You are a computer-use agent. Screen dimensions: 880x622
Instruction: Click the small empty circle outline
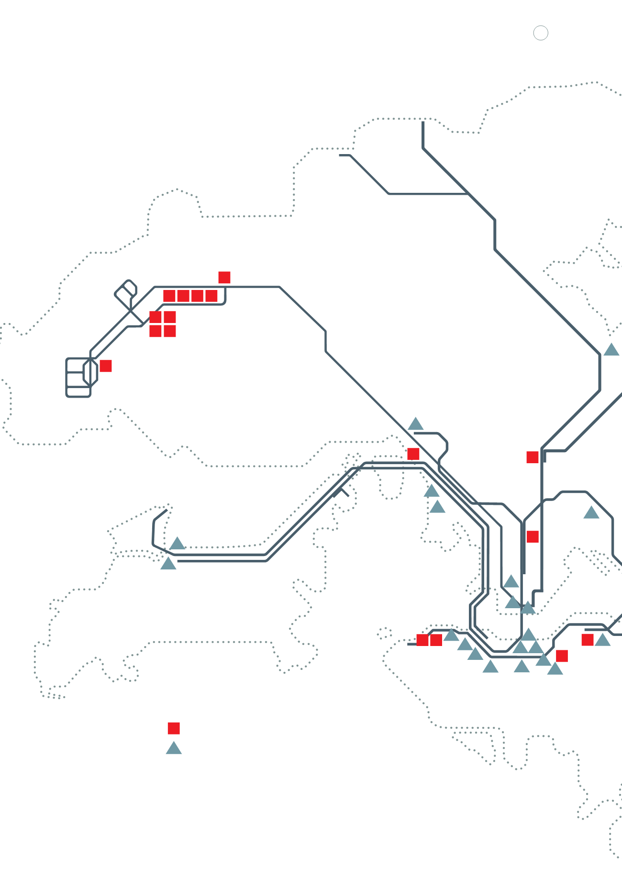click(x=541, y=33)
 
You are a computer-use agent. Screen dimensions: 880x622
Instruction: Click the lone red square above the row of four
click(x=224, y=278)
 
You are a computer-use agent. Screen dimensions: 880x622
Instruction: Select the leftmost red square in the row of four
click(x=169, y=296)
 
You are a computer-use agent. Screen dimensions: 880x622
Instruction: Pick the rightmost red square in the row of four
click(x=211, y=296)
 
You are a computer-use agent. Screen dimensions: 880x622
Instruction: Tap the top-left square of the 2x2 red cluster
click(x=155, y=317)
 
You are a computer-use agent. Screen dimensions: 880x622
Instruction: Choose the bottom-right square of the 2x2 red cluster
click(x=170, y=331)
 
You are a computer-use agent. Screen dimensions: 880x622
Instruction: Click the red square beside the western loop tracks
click(x=106, y=366)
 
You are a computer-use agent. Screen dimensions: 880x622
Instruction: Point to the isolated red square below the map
click(x=174, y=728)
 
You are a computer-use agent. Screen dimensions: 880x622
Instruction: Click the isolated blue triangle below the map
click(x=174, y=748)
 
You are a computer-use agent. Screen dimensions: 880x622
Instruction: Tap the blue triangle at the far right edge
click(x=611, y=350)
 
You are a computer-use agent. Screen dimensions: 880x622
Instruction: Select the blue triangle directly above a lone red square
click(x=415, y=424)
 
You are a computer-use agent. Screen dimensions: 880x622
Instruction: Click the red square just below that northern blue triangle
click(x=413, y=454)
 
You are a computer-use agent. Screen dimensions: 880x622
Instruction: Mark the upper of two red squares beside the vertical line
click(x=533, y=457)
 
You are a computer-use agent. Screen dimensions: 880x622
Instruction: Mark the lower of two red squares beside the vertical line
click(x=533, y=536)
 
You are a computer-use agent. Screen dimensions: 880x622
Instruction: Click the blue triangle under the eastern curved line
click(x=591, y=513)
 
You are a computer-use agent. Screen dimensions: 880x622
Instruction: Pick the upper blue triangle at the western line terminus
click(x=177, y=544)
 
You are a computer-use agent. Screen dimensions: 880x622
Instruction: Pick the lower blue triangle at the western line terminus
click(x=168, y=564)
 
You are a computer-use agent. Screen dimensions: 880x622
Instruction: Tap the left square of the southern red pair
click(x=422, y=640)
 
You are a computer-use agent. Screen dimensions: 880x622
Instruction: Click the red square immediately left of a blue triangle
click(x=588, y=640)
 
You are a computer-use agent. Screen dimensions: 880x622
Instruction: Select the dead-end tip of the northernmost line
click(x=423, y=123)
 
